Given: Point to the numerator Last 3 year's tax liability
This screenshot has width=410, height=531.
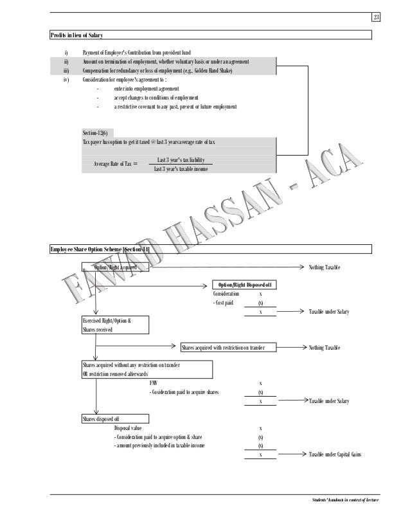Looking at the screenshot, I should pyautogui.click(x=184, y=159).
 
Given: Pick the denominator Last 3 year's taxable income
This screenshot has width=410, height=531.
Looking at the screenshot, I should pyautogui.click(x=184, y=169).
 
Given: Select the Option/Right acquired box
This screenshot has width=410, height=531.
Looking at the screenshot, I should pyautogui.click(x=117, y=265).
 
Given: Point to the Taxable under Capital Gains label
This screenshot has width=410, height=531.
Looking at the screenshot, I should pyautogui.click(x=334, y=455).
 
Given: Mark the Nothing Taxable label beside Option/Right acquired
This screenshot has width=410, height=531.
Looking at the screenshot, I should pyautogui.click(x=325, y=266).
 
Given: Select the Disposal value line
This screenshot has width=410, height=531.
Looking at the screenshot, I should pyautogui.click(x=129, y=428).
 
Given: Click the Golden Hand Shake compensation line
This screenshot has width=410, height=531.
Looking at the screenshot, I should pyautogui.click(x=158, y=70).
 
